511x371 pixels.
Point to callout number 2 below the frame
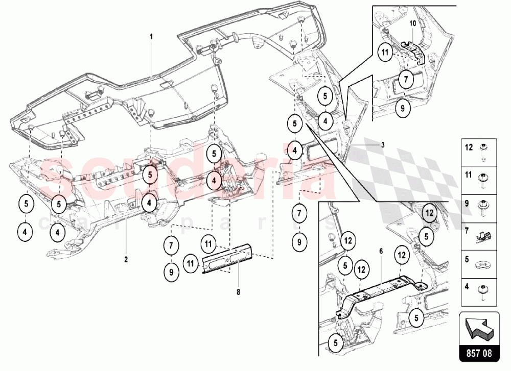click(x=126, y=259)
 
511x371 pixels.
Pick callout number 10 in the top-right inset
click(x=412, y=23)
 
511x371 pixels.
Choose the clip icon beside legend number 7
click(x=482, y=236)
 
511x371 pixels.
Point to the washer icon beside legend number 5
click(x=482, y=265)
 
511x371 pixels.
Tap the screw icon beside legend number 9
click(x=482, y=207)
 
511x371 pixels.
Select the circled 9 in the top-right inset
click(x=403, y=108)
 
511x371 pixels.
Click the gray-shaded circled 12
click(x=430, y=212)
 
